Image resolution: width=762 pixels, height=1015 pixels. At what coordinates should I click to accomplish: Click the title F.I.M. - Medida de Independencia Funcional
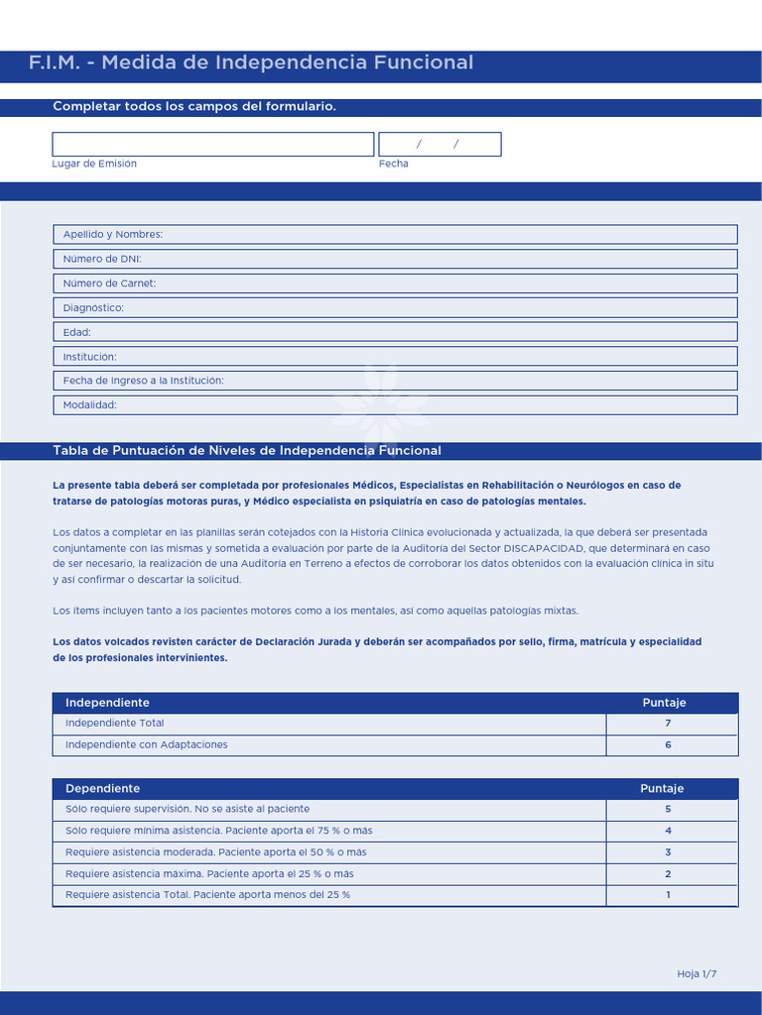click(251, 63)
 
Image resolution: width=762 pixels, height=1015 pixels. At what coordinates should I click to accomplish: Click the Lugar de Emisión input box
click(212, 145)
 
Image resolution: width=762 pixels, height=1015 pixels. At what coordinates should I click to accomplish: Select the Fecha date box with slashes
click(440, 145)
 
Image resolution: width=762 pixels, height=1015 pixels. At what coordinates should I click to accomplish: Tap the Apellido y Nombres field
click(394, 235)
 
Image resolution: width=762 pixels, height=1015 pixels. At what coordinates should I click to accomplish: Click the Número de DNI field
click(394, 259)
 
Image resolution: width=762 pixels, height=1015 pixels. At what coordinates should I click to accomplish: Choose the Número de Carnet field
click(394, 283)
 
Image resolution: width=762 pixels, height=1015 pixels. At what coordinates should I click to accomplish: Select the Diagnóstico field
click(394, 308)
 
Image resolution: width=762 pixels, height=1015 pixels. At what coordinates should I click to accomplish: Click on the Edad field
click(394, 332)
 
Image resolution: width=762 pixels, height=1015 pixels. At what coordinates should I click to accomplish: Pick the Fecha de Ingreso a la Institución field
click(394, 381)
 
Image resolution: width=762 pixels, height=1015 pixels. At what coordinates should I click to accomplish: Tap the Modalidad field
click(394, 405)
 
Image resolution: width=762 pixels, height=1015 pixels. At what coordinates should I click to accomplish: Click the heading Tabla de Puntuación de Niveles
click(247, 451)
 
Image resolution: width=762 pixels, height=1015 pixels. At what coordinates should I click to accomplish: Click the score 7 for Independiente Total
click(668, 724)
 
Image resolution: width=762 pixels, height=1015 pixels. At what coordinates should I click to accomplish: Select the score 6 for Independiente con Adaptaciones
click(668, 745)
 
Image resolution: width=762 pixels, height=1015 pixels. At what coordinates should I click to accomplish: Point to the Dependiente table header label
click(103, 789)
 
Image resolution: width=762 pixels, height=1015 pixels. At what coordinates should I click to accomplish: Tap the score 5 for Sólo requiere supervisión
click(668, 810)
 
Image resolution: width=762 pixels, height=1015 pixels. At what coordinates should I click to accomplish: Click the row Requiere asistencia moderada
click(216, 852)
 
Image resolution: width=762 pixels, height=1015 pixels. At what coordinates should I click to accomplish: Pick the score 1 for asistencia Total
click(668, 895)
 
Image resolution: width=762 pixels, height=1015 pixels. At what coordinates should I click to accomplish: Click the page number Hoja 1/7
click(697, 974)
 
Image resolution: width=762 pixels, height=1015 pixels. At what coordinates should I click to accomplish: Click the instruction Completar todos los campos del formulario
click(194, 107)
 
